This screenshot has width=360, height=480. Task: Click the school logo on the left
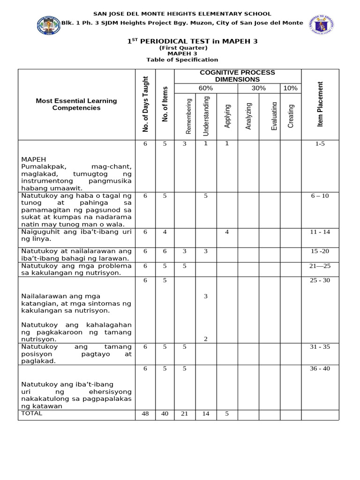click(x=49, y=25)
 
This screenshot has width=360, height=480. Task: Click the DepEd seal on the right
click(x=322, y=25)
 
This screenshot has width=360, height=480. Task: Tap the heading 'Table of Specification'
click(x=182, y=60)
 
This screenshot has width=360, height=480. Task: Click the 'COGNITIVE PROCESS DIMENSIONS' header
click(x=237, y=76)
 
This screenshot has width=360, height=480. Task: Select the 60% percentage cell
click(x=205, y=88)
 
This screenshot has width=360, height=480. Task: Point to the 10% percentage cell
click(x=291, y=88)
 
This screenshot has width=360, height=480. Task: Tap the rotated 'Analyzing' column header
click(x=249, y=116)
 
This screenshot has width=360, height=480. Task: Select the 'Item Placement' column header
click(x=320, y=104)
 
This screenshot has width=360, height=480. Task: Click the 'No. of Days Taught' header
click(x=145, y=104)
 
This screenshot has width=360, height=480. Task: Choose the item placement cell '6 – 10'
click(x=320, y=196)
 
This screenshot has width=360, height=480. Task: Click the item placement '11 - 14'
click(x=320, y=232)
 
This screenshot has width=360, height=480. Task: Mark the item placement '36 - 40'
click(x=320, y=368)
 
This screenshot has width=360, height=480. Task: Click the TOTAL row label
click(x=32, y=413)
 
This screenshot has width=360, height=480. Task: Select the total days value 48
click(x=145, y=414)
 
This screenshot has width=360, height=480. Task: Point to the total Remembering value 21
click(x=185, y=414)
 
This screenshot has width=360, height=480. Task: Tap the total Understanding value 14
click(x=205, y=414)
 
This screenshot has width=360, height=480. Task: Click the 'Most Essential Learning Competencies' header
click(x=76, y=104)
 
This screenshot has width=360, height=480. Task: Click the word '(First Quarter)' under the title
click(x=182, y=48)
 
